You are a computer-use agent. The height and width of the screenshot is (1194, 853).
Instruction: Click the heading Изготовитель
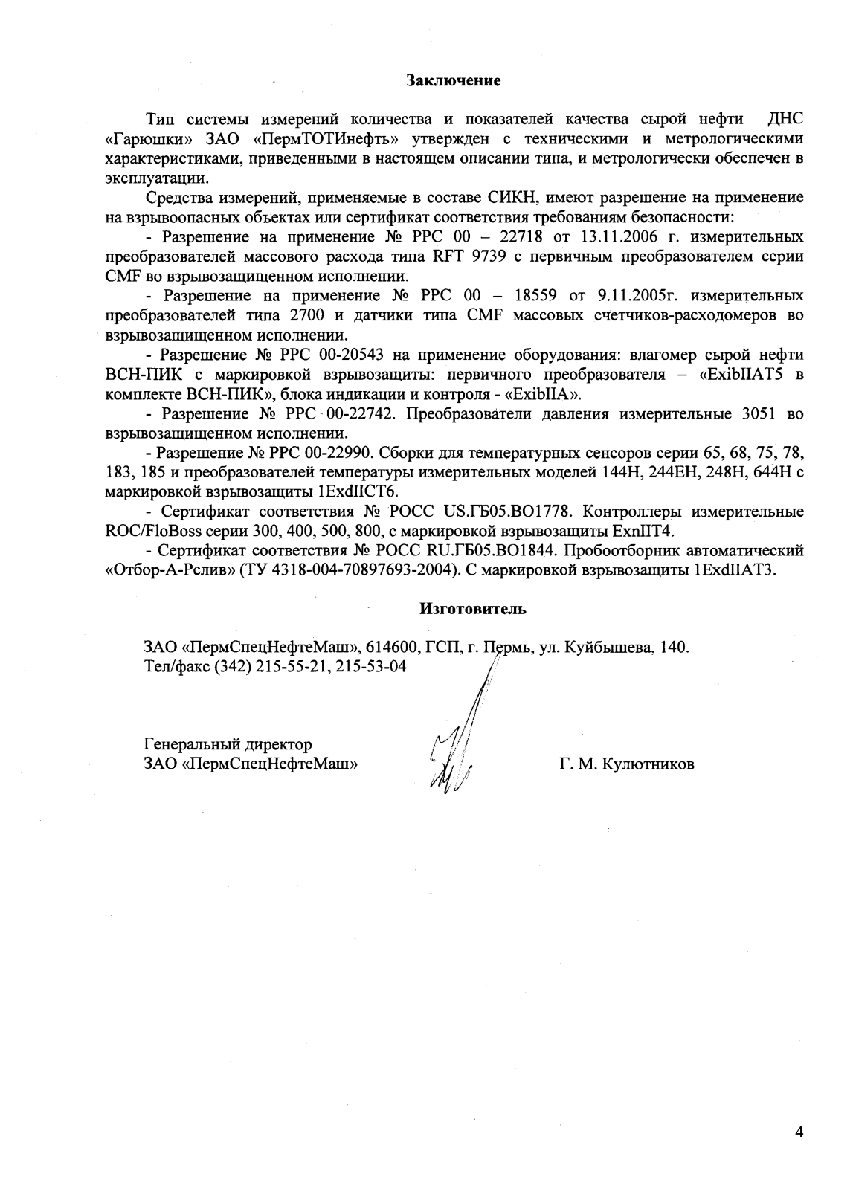tap(473, 610)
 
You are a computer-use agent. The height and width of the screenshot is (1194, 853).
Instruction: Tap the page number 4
tap(799, 1132)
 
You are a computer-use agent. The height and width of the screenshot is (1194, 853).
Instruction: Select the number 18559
tap(534, 296)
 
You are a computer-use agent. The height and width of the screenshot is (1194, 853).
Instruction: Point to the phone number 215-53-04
tap(371, 667)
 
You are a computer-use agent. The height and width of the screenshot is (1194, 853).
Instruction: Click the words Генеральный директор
tap(227, 744)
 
